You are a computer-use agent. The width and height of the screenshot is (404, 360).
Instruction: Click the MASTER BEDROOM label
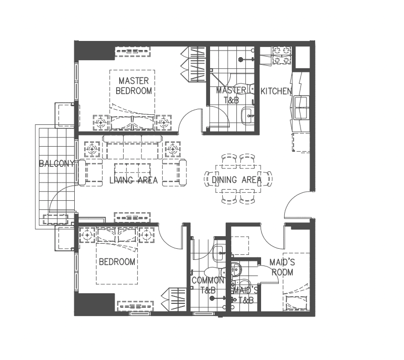(x=134, y=86)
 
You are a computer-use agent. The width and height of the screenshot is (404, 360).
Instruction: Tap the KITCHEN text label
(x=276, y=92)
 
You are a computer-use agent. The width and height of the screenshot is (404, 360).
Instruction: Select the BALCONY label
(x=57, y=164)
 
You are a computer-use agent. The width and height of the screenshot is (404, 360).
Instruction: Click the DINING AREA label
(x=236, y=180)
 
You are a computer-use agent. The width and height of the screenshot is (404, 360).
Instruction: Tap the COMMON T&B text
(x=208, y=286)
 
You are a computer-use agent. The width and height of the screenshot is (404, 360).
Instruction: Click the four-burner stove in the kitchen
(x=282, y=56)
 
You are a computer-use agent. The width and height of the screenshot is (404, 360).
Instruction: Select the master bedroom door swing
(x=191, y=121)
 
